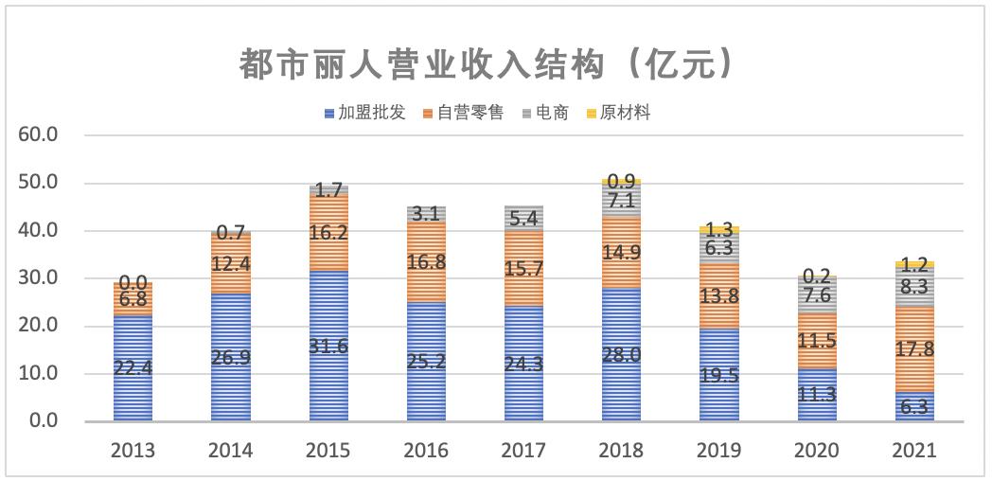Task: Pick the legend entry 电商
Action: [551, 113]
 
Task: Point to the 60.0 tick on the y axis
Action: [39, 135]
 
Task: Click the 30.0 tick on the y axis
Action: [39, 278]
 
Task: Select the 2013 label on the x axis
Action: [133, 451]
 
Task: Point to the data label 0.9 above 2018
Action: [621, 181]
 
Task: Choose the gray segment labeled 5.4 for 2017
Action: [523, 217]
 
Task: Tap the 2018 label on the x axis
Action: [621, 451]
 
